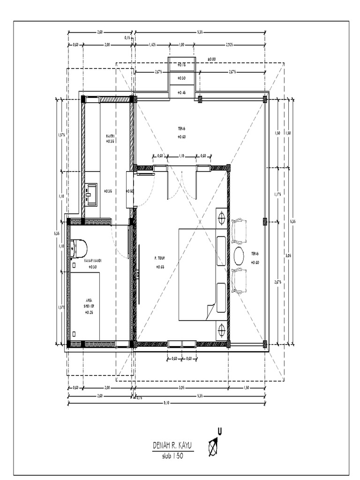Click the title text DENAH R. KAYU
tap(172, 445)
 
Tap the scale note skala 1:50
tap(172, 455)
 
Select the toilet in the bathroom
tap(78, 248)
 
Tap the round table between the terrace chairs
tap(238, 256)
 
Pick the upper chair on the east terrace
tap(239, 232)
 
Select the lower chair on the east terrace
tap(239, 280)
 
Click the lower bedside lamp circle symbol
tap(221, 330)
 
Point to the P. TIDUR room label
tap(160, 258)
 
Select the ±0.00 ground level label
tap(211, 60)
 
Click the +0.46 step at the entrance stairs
tap(182, 93)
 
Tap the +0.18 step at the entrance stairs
tap(182, 65)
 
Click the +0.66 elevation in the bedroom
tap(160, 267)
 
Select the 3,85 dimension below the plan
tap(181, 388)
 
